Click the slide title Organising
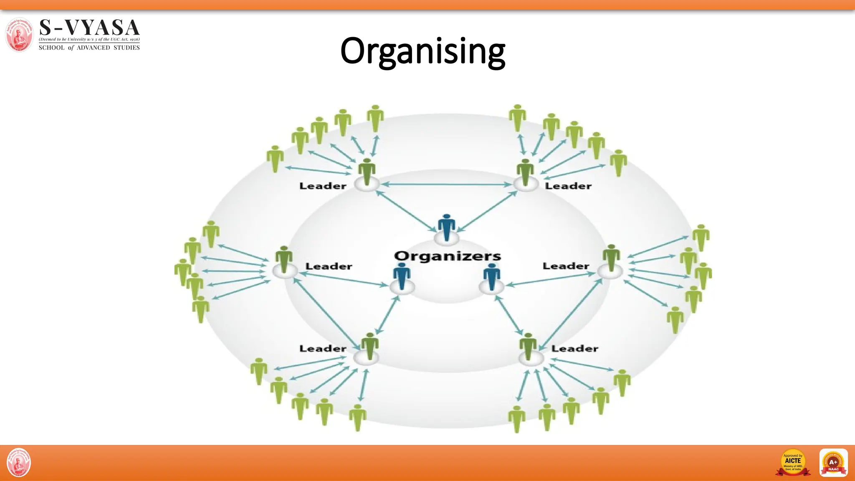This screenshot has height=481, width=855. (422, 51)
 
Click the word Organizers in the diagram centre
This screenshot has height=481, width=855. (447, 256)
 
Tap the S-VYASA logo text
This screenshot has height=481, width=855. (89, 28)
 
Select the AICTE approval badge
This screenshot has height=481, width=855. (793, 462)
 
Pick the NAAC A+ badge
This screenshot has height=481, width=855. (833, 462)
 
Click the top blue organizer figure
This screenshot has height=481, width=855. (447, 228)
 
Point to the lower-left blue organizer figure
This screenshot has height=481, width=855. (402, 276)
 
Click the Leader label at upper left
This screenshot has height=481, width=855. (323, 186)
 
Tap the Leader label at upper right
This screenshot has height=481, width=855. (568, 186)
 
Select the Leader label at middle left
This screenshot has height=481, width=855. (329, 266)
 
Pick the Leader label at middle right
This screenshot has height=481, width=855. (566, 266)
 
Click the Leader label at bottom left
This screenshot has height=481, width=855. (323, 348)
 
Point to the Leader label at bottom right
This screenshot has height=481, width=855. (574, 348)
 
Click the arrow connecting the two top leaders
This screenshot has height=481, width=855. (446, 184)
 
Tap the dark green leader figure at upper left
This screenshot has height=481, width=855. (367, 171)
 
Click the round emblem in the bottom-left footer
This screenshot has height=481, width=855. (19, 462)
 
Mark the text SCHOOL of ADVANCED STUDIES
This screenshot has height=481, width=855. (89, 48)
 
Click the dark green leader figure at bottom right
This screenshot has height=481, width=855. (528, 346)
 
